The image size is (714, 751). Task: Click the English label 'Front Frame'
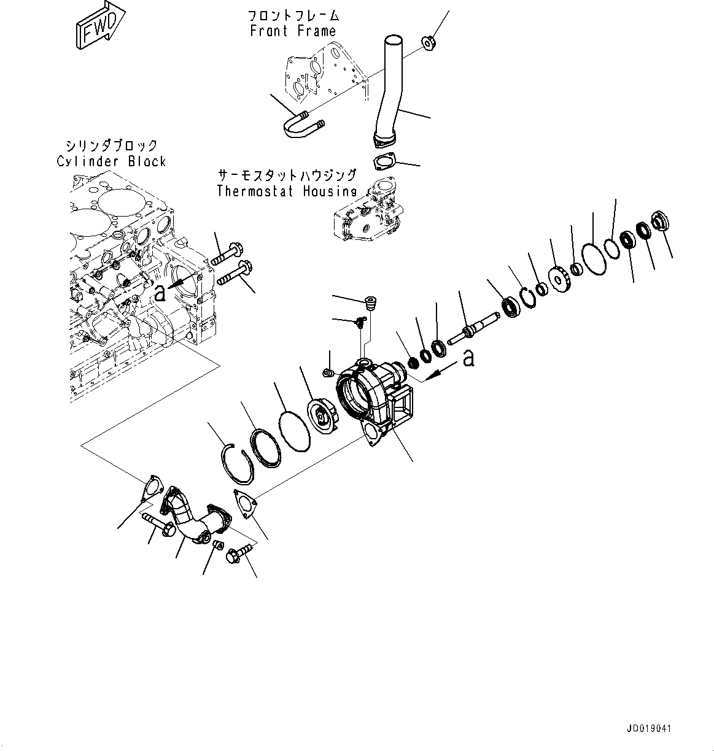tap(293, 31)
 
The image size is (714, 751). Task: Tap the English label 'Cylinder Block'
tap(111, 161)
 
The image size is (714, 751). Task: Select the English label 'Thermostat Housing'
tap(286, 191)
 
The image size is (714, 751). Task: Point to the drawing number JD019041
tap(650, 729)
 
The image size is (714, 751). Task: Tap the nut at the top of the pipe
tap(429, 42)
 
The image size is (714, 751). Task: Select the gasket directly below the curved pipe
tap(385, 163)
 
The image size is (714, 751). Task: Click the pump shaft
tap(474, 328)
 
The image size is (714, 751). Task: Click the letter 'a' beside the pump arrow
tap(469, 357)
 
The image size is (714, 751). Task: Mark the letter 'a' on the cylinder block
tap(160, 293)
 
